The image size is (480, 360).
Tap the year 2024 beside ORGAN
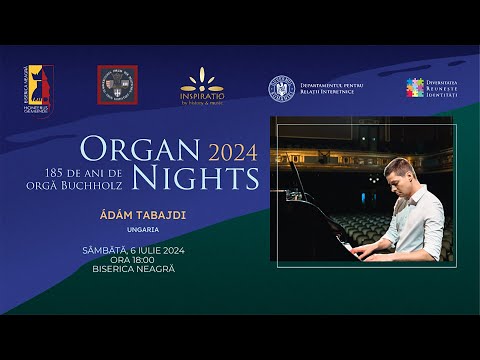(x=233, y=153)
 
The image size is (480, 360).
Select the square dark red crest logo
(x=117, y=85)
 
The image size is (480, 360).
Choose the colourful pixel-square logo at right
(x=415, y=88)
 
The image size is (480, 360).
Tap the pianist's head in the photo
(x=401, y=172)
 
